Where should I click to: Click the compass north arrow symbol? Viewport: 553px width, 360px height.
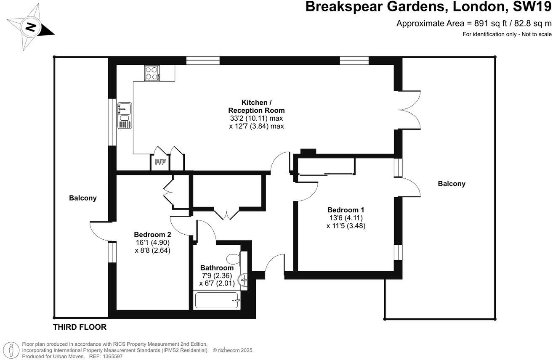(x=31, y=28)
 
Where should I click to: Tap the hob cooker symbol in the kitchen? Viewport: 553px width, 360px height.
(x=152, y=73)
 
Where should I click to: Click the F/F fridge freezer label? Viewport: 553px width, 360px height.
(x=160, y=162)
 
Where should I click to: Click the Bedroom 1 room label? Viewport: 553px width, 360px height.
(x=346, y=210)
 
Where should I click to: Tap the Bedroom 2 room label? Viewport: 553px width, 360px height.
(x=152, y=234)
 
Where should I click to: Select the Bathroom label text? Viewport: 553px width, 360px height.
(x=217, y=268)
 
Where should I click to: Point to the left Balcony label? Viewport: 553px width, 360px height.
(x=83, y=198)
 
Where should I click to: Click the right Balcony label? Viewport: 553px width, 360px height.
(x=452, y=183)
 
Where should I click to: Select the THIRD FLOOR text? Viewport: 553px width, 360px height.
(x=80, y=327)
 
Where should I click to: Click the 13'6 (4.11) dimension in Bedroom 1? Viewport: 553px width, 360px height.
(x=346, y=218)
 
